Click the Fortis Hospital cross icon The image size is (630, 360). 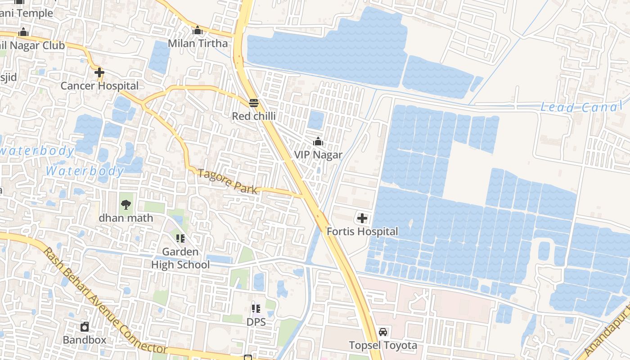pyautogui.click(x=362, y=219)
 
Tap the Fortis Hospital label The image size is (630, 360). pyautogui.click(x=362, y=231)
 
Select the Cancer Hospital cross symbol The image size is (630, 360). pyautogui.click(x=99, y=72)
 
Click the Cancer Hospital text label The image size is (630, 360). pyautogui.click(x=99, y=85)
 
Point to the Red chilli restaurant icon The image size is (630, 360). pyautogui.click(x=254, y=103)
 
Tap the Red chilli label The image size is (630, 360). pyautogui.click(x=254, y=116)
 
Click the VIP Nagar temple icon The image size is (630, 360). pyautogui.click(x=318, y=142)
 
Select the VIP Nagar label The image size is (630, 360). pyautogui.click(x=318, y=155)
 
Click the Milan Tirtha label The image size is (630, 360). pyautogui.click(x=198, y=44)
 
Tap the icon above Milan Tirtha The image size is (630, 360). pyautogui.click(x=198, y=31)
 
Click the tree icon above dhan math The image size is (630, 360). pyautogui.click(x=126, y=205)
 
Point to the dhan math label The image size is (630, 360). pyautogui.click(x=126, y=218)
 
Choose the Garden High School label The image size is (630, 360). pyautogui.click(x=180, y=258)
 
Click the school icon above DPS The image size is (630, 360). pyautogui.click(x=256, y=309)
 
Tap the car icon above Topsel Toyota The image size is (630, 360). pyautogui.click(x=383, y=332)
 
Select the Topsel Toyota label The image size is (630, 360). pyautogui.click(x=383, y=345)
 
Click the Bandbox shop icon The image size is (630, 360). pyautogui.click(x=85, y=327)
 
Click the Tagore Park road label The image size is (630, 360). pyautogui.click(x=228, y=181)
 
